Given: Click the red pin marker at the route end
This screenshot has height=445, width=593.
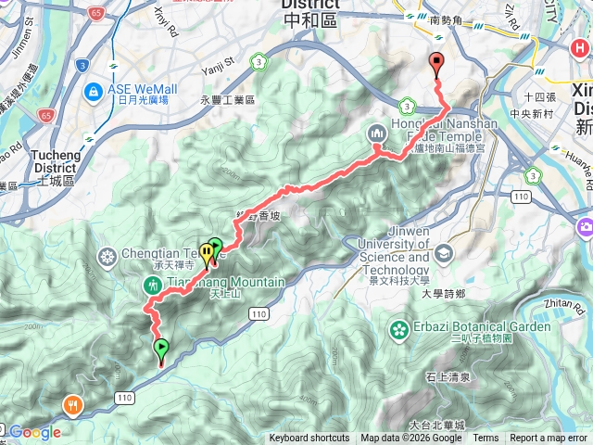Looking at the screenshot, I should (436, 64).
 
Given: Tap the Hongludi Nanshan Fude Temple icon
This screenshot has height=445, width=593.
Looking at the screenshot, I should (377, 133).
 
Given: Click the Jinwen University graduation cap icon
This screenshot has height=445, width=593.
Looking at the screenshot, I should (444, 252).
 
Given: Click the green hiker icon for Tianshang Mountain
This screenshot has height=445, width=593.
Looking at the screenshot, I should (152, 285).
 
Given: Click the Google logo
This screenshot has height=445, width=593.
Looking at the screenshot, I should (35, 432).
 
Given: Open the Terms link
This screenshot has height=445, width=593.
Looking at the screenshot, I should (486, 439).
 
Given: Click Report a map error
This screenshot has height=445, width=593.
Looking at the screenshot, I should (549, 439).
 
